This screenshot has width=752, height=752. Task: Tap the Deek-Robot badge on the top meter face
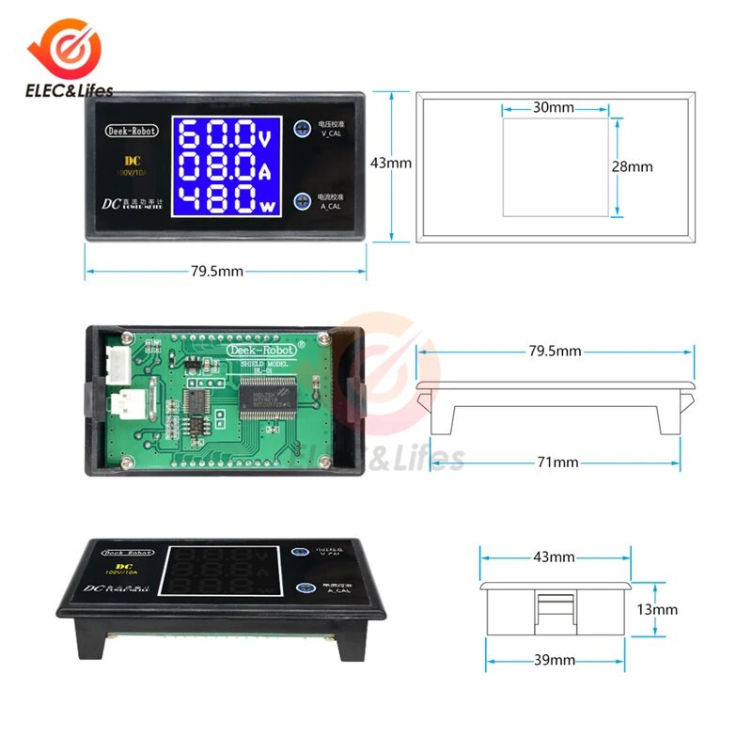coord(132,131)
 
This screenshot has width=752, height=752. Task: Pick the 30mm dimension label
coord(553,107)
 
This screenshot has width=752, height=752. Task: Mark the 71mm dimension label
coord(554,462)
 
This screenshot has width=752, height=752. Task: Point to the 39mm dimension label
coord(554,660)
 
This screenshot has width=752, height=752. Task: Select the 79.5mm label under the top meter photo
coord(217,272)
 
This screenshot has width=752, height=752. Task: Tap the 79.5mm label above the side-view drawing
coord(555,352)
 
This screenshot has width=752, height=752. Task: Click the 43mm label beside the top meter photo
coord(391,163)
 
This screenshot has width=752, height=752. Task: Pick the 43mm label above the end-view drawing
coord(554,556)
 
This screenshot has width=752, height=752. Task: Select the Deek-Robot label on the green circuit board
coord(259,349)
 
